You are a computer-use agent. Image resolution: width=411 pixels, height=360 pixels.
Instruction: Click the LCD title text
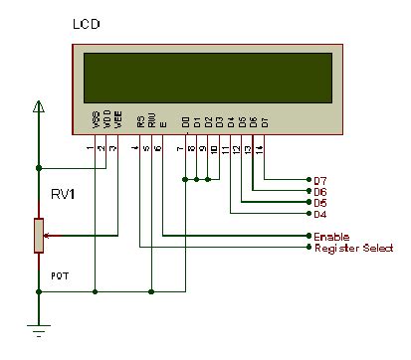87,23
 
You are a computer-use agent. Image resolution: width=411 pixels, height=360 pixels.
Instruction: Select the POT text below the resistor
33,269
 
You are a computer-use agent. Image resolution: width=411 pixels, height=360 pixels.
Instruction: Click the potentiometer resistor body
39,236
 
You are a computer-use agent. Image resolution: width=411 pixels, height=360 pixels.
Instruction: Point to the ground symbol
39,333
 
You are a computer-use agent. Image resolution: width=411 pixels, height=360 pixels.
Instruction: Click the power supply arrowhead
39,106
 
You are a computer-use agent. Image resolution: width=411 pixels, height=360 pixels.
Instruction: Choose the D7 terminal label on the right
319,180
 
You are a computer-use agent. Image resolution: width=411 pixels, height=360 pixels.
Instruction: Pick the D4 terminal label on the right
319,214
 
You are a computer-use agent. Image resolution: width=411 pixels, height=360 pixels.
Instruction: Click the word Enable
330,237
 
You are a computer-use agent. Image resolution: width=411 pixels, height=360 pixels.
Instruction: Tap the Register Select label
353,248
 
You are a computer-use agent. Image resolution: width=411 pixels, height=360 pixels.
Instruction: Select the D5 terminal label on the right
319,202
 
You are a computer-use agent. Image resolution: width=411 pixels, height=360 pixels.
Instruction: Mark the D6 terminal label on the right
319,191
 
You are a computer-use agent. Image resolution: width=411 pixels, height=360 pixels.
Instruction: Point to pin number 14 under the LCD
261,148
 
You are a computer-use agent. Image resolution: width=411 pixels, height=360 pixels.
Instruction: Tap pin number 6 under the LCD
157,148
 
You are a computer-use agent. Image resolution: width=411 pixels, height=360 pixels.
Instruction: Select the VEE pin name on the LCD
118,121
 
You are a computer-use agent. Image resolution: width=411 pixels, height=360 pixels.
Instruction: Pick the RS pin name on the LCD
140,123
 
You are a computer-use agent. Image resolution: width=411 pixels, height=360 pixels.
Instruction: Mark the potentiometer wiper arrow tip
47,236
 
